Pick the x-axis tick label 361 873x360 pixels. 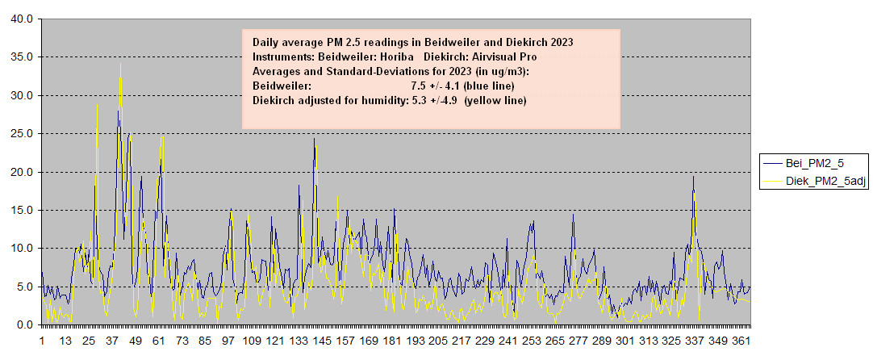click(x=741, y=341)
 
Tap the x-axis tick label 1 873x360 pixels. click(x=42, y=341)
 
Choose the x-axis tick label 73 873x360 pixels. click(x=182, y=341)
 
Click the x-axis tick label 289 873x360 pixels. click(x=601, y=341)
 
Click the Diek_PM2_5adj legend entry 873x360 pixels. click(x=814, y=182)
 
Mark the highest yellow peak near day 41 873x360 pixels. click(x=120, y=64)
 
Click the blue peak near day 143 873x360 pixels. click(x=314, y=138)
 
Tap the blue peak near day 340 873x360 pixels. click(x=693, y=177)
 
